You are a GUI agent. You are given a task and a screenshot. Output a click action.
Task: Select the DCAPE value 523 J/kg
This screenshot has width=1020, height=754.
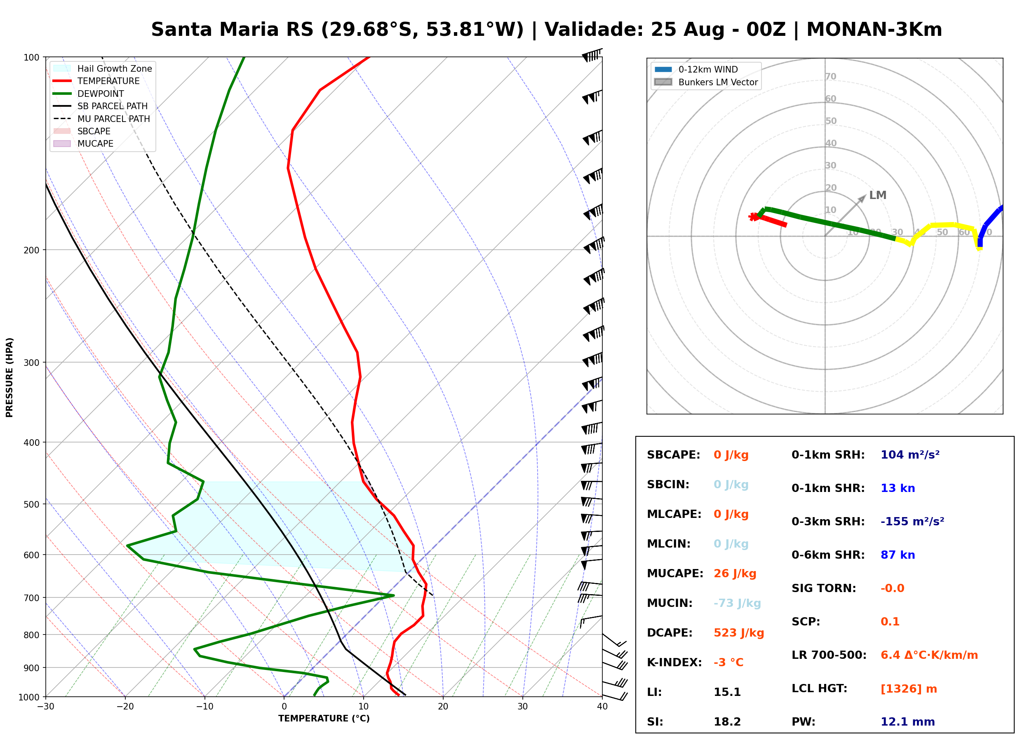[x=739, y=632]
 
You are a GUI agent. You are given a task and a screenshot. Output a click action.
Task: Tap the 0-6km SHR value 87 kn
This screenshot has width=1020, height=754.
[x=898, y=555]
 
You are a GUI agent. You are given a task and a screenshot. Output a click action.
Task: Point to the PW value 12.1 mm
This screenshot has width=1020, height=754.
[x=908, y=721]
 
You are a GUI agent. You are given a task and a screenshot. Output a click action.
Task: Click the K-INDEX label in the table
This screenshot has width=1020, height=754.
[x=675, y=662]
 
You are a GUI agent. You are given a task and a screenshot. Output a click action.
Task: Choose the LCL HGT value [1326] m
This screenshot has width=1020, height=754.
[x=909, y=689]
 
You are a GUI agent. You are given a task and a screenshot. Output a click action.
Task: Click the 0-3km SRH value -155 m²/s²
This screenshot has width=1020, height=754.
[x=912, y=521]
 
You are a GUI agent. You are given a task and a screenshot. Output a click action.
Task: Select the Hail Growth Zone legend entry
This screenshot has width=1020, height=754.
[x=103, y=68]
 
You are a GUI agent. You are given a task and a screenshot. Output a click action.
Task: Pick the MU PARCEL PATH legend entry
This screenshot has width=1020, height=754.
[x=102, y=119]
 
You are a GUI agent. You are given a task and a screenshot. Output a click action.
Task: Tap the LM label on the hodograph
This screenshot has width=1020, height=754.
[x=877, y=195]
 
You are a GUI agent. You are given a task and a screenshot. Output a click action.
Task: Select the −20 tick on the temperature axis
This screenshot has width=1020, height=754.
[x=125, y=707]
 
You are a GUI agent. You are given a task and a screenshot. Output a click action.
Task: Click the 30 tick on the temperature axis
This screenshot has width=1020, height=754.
[x=523, y=707]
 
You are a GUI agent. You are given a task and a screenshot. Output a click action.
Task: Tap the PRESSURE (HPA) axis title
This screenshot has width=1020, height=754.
[x=9, y=377]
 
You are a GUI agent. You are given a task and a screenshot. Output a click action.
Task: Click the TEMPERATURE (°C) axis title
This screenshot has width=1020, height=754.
[x=324, y=719]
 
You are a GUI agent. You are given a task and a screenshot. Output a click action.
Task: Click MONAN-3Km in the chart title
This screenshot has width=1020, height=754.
[x=874, y=30]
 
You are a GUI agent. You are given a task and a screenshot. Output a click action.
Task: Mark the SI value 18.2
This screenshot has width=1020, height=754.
[x=727, y=721]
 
